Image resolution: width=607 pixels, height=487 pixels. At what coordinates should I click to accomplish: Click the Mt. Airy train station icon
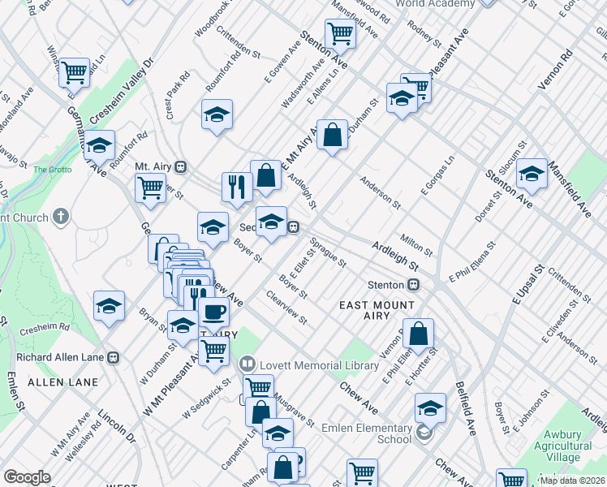pos(181,166)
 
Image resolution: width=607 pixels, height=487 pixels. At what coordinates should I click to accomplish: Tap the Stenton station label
pos(385,285)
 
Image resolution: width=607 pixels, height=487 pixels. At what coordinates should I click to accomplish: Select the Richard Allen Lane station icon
pos(114,356)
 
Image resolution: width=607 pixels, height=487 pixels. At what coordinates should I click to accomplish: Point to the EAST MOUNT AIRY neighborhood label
pos(377,311)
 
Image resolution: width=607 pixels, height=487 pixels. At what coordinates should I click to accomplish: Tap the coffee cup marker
pos(213,312)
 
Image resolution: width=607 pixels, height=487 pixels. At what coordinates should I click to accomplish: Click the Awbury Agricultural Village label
pos(558,451)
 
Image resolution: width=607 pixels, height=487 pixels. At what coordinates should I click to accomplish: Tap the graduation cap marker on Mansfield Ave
pos(532,174)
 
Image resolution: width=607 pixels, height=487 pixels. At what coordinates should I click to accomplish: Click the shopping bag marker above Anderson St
pos(332,135)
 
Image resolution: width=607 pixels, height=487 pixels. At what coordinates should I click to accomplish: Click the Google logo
pos(27,477)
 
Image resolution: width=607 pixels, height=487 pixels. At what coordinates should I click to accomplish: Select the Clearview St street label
pos(286,308)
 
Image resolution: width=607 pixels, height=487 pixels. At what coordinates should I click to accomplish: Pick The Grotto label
pos(52,170)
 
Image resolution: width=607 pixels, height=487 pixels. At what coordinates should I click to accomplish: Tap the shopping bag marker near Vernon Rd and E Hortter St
pos(417,334)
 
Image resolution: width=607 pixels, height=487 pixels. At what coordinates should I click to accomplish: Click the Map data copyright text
pos(572,481)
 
